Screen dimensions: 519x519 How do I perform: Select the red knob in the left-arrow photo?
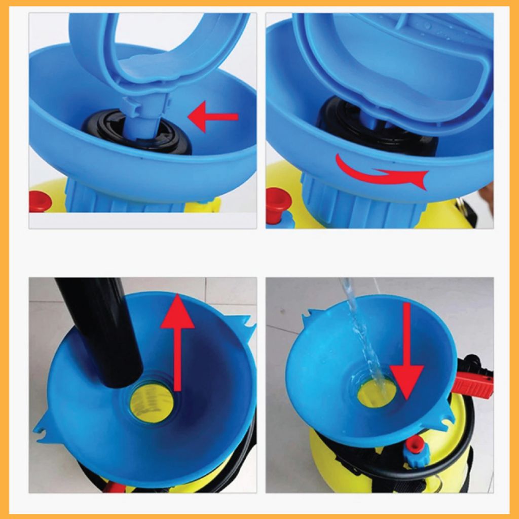(x=40, y=201)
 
